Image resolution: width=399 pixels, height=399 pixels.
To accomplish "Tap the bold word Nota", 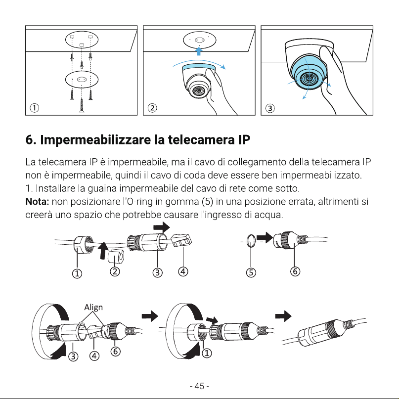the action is click(x=37, y=202).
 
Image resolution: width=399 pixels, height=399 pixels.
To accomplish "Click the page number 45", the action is click(x=199, y=386).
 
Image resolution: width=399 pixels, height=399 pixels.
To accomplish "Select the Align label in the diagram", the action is click(x=93, y=308).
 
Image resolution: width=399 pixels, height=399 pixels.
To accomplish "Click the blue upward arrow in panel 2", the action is click(x=199, y=51).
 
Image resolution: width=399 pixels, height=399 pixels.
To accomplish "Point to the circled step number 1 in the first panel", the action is click(x=35, y=108).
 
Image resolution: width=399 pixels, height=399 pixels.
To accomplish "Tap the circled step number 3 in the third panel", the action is click(x=270, y=108).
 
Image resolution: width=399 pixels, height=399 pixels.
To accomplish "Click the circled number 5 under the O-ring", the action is click(x=251, y=272).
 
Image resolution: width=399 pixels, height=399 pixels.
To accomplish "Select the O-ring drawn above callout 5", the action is click(x=251, y=241).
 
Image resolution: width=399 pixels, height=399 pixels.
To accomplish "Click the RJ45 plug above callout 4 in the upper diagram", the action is click(x=181, y=240).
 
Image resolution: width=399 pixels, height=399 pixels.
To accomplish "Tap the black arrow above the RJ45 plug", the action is click(x=162, y=227).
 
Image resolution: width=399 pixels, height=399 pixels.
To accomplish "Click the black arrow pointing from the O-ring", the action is click(x=265, y=237).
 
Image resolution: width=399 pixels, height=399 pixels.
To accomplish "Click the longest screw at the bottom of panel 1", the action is click(x=82, y=105).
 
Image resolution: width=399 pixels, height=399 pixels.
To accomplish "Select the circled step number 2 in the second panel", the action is click(x=152, y=108).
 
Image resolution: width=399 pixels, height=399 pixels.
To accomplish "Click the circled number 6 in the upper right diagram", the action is click(x=295, y=271).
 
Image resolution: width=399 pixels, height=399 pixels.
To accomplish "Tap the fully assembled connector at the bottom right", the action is click(x=324, y=332).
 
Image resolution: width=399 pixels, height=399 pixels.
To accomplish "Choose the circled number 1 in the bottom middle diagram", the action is click(x=207, y=353).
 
